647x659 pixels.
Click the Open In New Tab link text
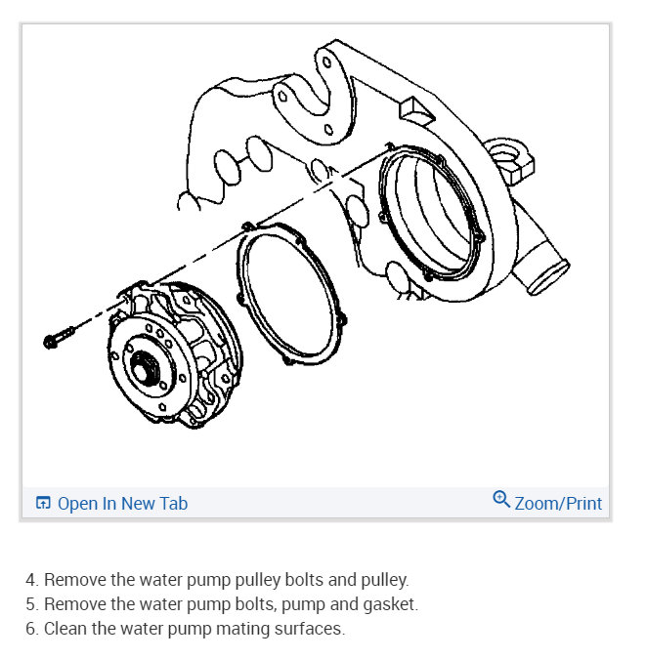[x=122, y=504]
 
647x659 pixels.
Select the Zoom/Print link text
[x=558, y=504]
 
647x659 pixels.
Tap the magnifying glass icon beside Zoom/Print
[x=501, y=501]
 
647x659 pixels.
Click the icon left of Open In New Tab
[x=43, y=504]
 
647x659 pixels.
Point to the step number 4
[x=31, y=580]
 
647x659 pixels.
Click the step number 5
[x=31, y=604]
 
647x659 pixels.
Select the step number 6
[x=31, y=629]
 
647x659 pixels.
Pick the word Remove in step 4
[x=73, y=580]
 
